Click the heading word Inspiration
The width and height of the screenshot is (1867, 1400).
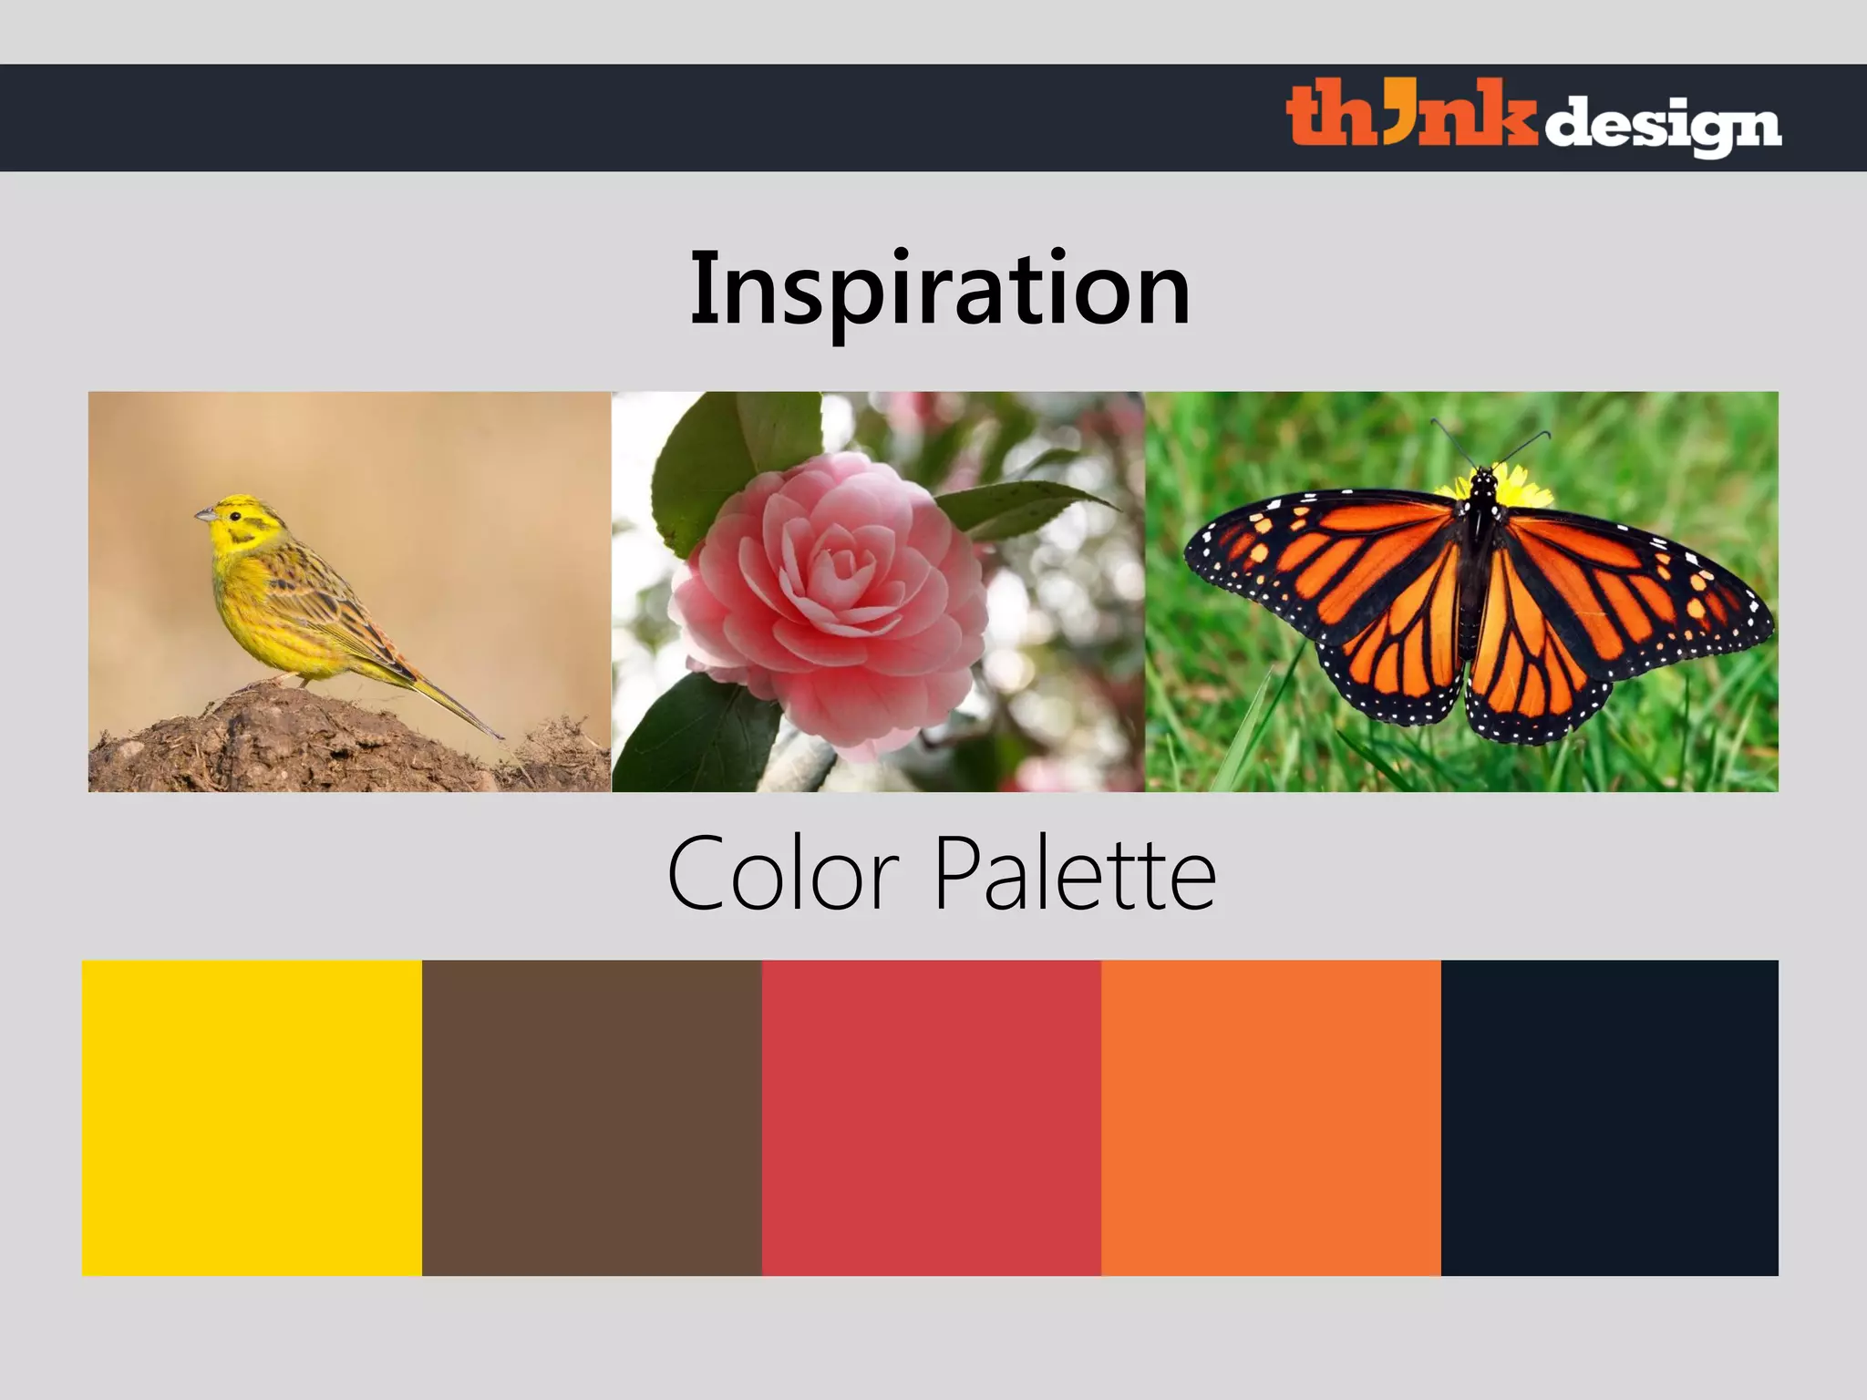pos(939,289)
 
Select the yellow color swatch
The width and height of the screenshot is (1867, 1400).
pos(252,1117)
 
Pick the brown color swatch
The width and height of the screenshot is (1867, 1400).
pos(592,1117)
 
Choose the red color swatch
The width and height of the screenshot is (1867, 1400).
pos(931,1117)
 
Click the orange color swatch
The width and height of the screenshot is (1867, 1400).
pos(1271,1117)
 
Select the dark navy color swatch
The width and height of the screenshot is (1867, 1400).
pos(1609,1117)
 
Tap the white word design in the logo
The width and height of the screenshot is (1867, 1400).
pos(1662,126)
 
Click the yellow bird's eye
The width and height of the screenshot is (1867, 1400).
pos(235,517)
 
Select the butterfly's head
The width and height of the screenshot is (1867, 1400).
pos(1484,477)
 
